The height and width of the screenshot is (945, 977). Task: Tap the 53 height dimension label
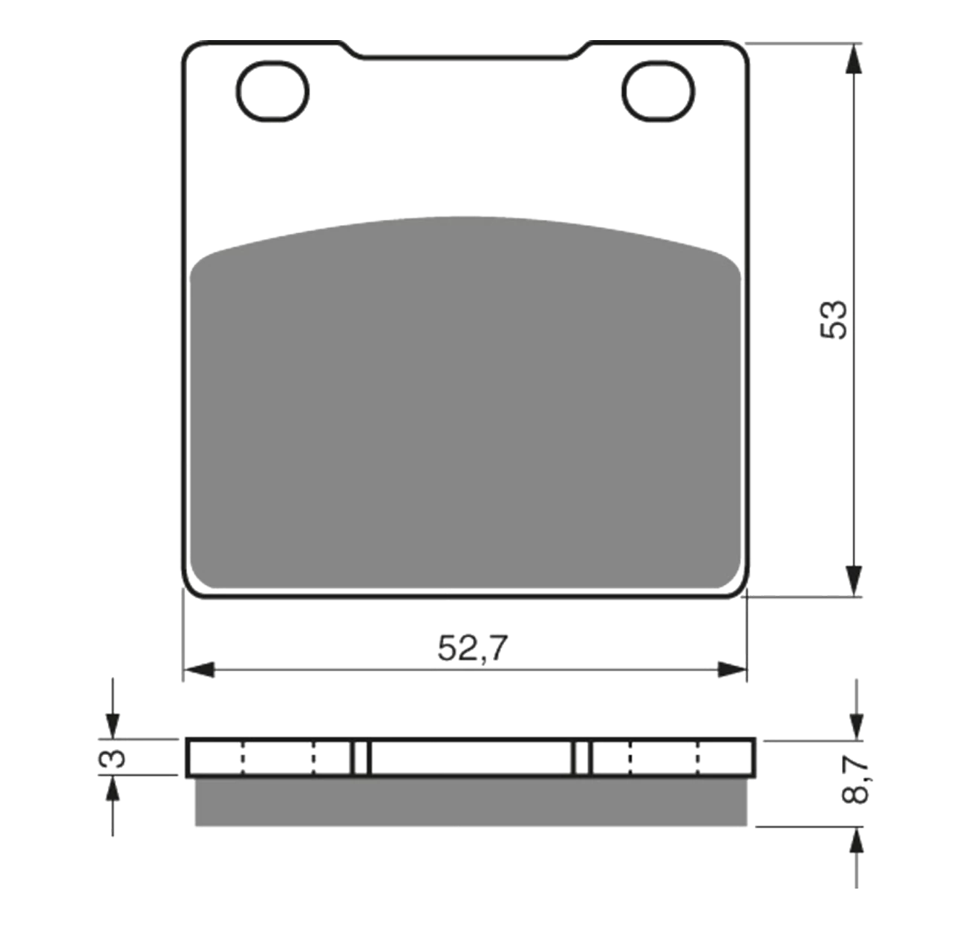coord(833,319)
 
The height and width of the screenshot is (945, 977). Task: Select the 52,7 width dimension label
coord(472,649)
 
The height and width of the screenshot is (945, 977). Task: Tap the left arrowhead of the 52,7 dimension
coord(199,670)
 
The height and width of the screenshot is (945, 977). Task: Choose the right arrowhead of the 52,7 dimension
coord(732,670)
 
